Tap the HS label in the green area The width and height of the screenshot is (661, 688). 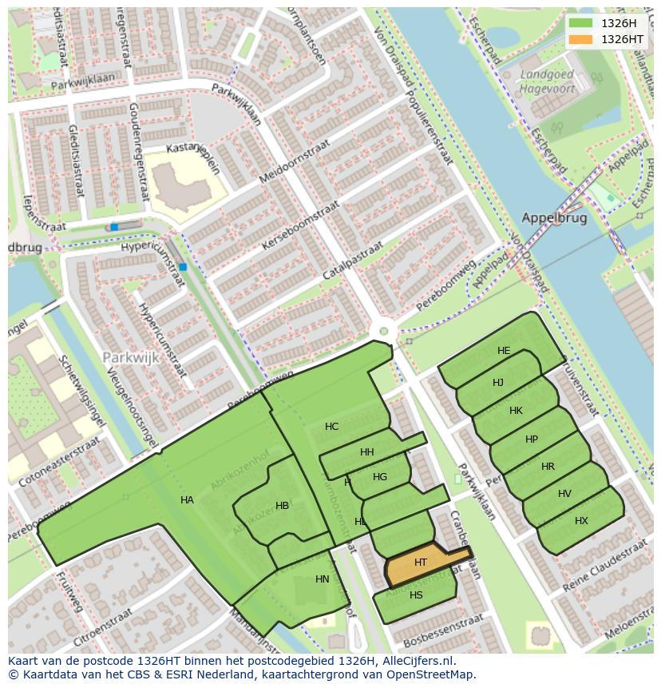click(416, 595)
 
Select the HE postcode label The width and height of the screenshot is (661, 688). click(503, 351)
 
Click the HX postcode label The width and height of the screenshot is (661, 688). click(581, 521)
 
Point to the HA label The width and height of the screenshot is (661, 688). click(187, 500)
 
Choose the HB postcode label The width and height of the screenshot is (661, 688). click(282, 506)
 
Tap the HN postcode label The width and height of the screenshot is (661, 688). click(322, 579)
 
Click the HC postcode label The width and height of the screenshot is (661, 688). click(331, 427)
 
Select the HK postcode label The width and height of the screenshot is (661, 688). click(516, 411)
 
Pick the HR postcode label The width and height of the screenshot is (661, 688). click(548, 467)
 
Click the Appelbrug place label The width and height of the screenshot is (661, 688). click(553, 217)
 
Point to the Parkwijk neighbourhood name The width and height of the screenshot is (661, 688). click(131, 358)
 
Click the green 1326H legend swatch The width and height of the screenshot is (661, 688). click(581, 23)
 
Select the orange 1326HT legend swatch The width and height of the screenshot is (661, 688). click(581, 39)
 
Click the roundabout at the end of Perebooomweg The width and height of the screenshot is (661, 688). click(383, 331)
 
